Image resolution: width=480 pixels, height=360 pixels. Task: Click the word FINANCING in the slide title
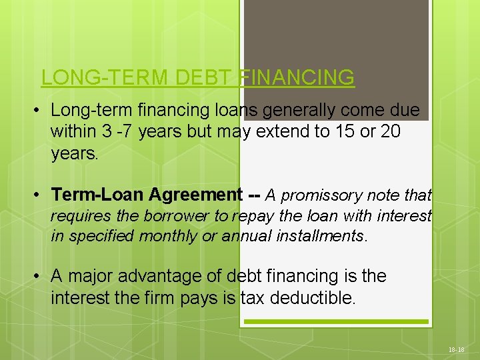pyautogui.click(x=296, y=77)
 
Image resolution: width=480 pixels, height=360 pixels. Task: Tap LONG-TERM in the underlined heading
pyautogui.click(x=105, y=77)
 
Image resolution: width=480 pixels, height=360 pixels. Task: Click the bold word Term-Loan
pyautogui.click(x=98, y=195)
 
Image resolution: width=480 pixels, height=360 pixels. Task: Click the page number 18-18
pyautogui.click(x=457, y=349)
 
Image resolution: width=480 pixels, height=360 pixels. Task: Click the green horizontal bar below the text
pyautogui.click(x=335, y=322)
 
